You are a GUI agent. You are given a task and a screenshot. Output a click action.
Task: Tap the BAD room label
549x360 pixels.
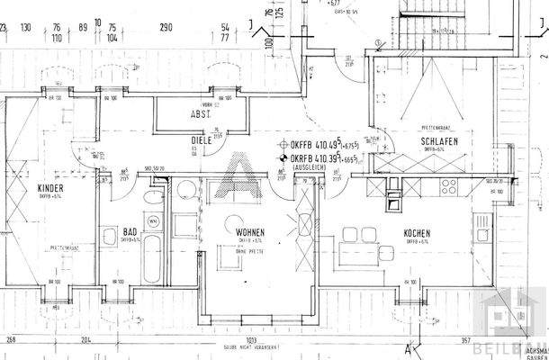130,231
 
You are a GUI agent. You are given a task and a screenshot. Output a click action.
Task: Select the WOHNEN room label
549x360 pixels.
251,231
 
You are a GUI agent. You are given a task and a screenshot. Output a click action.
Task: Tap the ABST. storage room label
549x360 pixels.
200,114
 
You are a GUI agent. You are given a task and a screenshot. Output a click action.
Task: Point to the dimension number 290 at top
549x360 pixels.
166,28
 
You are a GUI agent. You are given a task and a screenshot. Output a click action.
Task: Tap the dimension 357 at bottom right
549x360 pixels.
466,339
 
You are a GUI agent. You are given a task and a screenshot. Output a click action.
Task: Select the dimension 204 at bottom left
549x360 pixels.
85,339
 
